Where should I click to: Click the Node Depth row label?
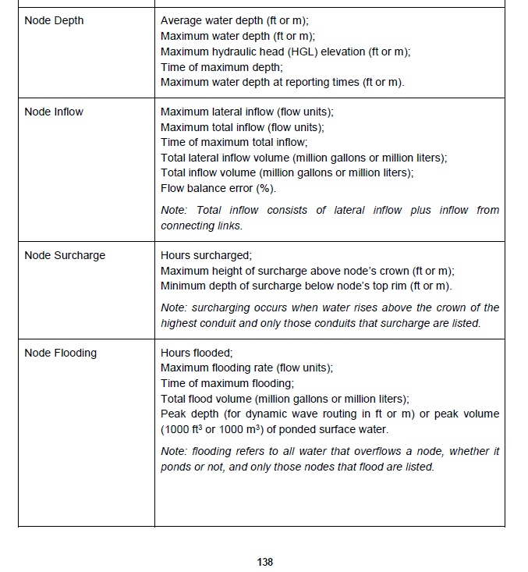click(54, 20)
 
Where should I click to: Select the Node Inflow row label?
click(54, 112)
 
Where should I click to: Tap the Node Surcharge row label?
click(65, 255)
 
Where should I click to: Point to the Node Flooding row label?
click(61, 353)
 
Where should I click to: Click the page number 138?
click(264, 562)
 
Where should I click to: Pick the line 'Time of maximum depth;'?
click(221, 67)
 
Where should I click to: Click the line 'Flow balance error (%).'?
click(218, 188)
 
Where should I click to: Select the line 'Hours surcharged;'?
click(206, 255)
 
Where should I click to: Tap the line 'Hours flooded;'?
click(197, 353)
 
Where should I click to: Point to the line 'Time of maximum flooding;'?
click(227, 383)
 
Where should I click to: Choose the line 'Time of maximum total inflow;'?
click(234, 142)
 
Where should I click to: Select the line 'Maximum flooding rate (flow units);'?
click(246, 368)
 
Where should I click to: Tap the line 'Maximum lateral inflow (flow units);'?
click(246, 112)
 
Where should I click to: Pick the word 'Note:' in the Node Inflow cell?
click(174, 210)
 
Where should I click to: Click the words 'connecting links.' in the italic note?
click(201, 226)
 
